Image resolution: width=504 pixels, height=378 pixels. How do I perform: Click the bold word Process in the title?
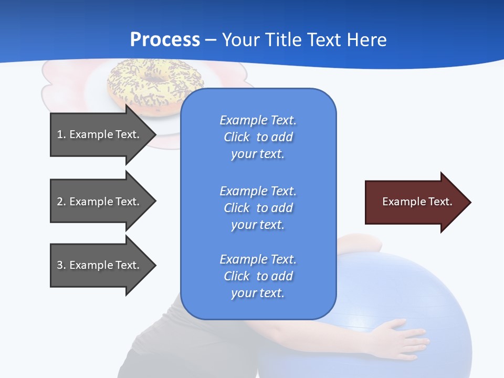point(165,39)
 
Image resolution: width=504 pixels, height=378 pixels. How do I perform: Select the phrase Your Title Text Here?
point(304,39)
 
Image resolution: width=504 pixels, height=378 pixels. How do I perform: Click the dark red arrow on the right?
point(415,202)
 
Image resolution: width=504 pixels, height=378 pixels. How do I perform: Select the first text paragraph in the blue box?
point(258,137)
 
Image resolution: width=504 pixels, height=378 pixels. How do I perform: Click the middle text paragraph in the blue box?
point(258,208)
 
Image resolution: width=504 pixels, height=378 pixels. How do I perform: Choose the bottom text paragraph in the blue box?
point(258,276)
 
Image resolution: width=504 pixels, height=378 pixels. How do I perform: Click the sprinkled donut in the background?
point(126,79)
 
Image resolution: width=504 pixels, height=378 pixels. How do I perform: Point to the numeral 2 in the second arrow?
point(60,202)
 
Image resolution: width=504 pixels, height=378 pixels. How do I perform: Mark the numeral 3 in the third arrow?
point(60,265)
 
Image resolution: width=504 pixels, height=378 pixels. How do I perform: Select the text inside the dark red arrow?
point(417,202)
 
